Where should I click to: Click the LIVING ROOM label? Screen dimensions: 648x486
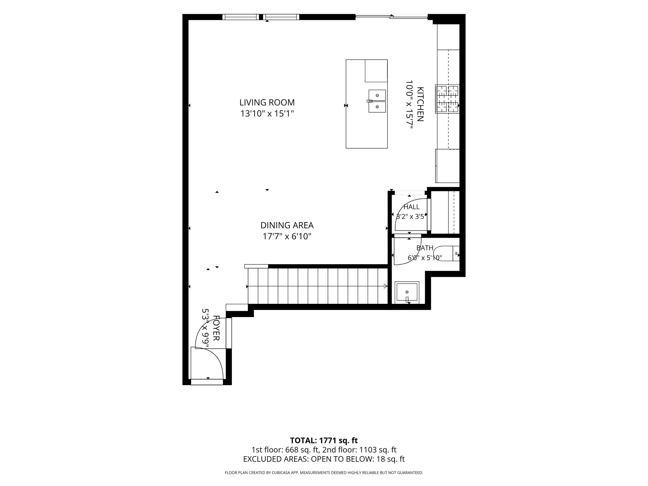[267, 103]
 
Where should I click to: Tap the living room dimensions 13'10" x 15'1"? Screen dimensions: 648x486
[267, 113]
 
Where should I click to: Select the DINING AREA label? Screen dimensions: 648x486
[287, 225]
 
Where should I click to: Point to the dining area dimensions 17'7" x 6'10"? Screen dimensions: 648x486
[287, 236]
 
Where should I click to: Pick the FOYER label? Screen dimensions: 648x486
[216, 328]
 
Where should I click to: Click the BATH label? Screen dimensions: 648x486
[425, 248]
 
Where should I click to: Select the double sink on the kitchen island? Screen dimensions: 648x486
[377, 101]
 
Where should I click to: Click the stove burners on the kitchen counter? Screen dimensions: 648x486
[447, 99]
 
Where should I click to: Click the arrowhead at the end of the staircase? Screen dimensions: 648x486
[386, 286]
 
